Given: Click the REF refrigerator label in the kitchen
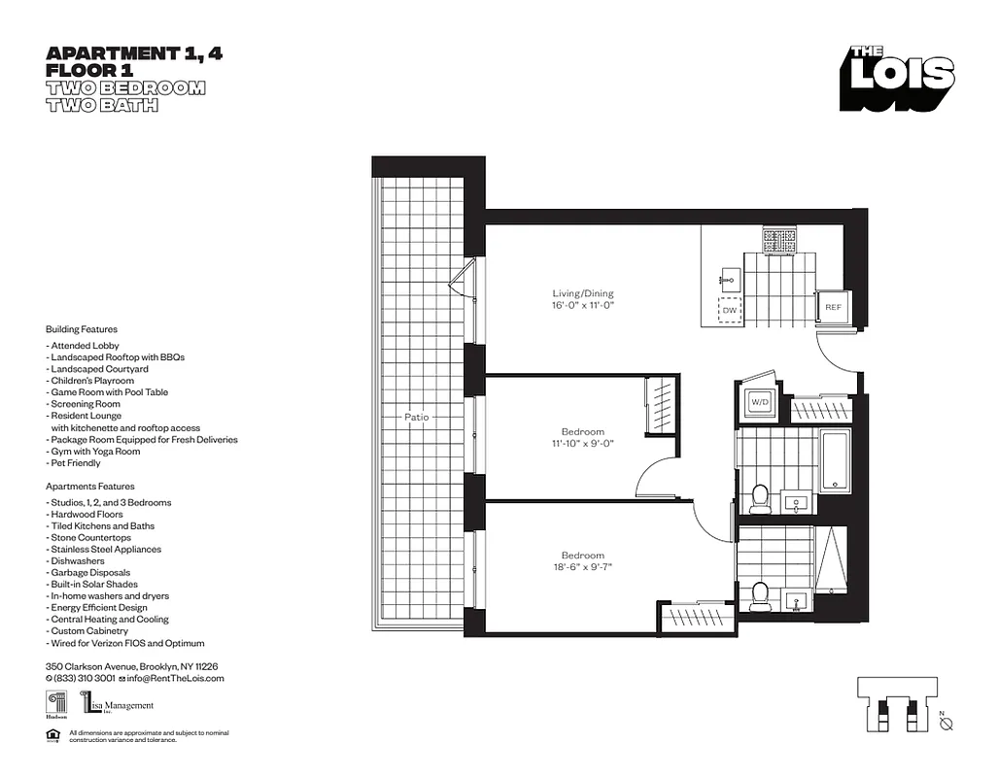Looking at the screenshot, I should click(833, 307).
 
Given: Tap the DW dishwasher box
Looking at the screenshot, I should click(729, 311).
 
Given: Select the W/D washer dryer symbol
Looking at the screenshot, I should click(759, 402).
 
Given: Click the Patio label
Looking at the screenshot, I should click(417, 417).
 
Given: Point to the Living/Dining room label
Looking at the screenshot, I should click(583, 293).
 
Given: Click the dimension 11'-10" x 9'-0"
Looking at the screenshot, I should click(583, 444).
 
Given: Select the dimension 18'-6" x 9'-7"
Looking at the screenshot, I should click(583, 567).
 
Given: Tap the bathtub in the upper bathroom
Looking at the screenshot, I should click(835, 460).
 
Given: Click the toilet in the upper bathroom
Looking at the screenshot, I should click(761, 498).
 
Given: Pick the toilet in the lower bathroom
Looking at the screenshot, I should click(761, 595).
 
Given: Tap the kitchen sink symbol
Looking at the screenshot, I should click(728, 279).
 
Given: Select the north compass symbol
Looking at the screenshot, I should click(946, 723).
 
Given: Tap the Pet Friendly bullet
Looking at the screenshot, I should click(74, 463).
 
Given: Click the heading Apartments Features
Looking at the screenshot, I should click(90, 486).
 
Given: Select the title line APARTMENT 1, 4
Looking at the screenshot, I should click(134, 54).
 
